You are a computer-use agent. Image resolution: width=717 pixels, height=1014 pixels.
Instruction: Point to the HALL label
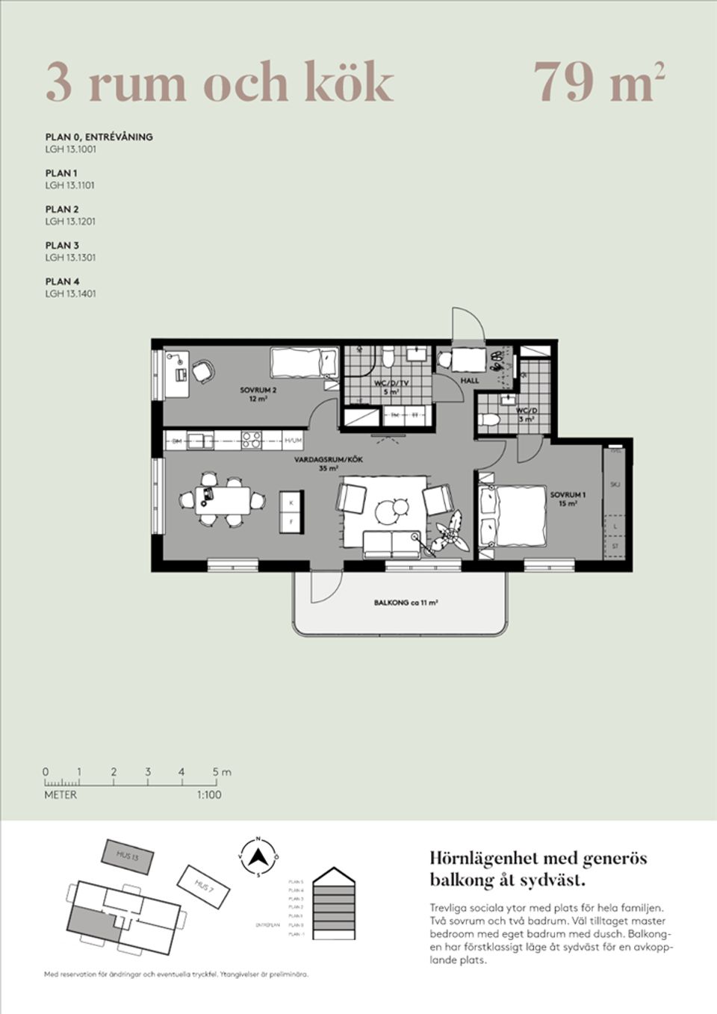coord(470,381)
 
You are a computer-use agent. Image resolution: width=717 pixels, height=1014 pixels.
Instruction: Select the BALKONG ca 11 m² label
coord(406,603)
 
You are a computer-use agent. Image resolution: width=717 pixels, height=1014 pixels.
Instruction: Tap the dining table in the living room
coord(223,497)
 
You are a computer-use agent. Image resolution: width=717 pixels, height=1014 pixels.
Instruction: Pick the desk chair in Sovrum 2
coord(202,370)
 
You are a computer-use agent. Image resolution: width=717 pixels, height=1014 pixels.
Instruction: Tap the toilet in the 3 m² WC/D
coord(489,420)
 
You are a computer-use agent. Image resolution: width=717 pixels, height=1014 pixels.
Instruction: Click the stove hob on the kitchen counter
coord(251,441)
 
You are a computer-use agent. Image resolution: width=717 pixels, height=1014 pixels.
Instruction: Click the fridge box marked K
coord(291,503)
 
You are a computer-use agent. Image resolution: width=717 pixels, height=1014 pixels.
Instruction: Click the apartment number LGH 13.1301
coord(70,258)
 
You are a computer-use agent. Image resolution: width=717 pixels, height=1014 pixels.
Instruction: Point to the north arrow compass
coord(258,856)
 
